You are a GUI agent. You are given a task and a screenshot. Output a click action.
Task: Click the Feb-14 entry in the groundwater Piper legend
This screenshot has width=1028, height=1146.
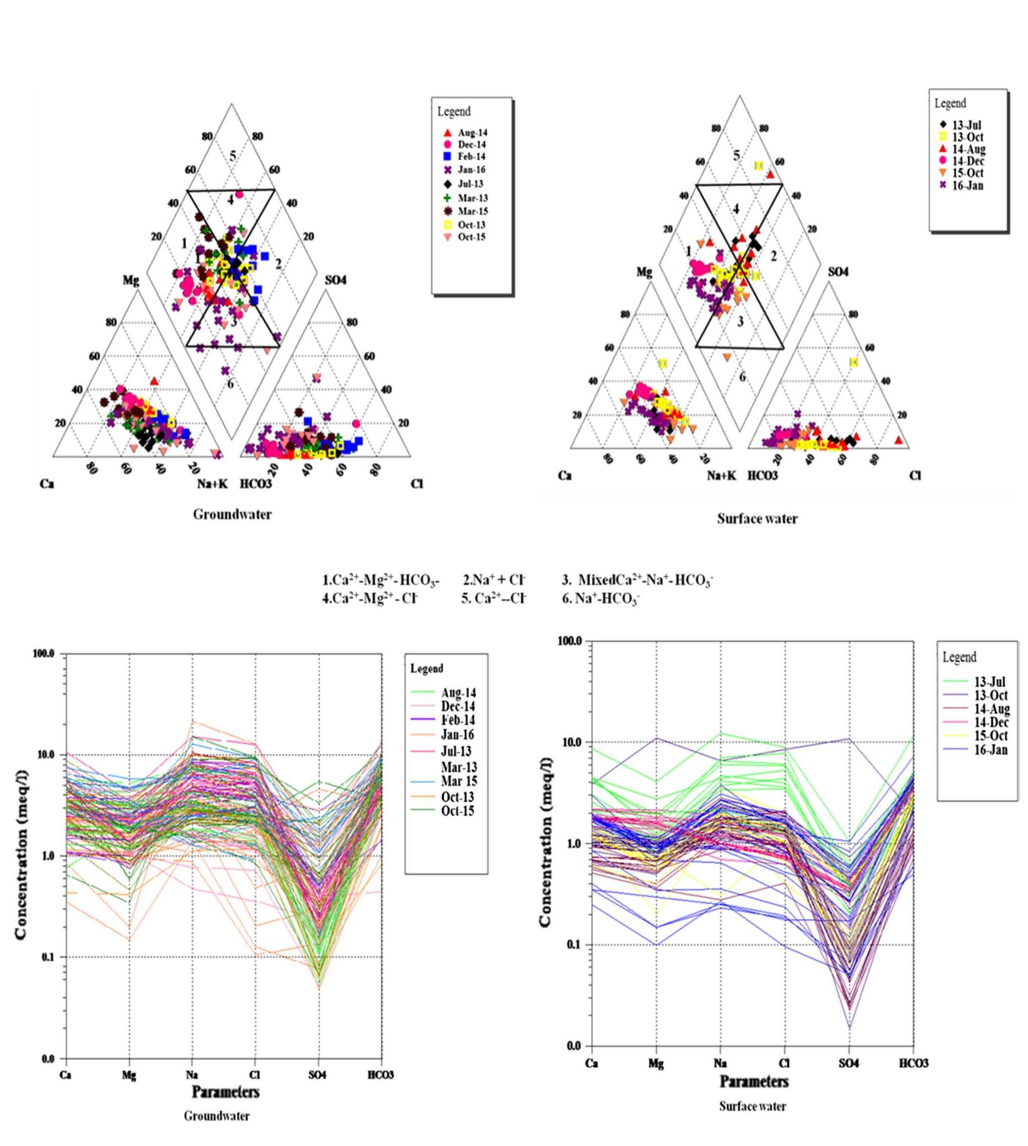(471, 156)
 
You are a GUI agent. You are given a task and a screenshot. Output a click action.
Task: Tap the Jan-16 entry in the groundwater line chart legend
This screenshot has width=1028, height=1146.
(458, 735)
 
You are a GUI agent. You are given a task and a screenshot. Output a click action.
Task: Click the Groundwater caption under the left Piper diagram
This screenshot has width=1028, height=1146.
(232, 514)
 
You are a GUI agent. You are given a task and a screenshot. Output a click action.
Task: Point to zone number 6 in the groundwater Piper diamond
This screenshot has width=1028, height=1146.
(230, 384)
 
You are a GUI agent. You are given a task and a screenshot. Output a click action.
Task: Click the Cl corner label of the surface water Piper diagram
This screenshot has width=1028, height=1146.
(915, 475)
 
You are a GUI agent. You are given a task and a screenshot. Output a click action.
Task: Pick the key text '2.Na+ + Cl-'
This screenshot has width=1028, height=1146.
(494, 580)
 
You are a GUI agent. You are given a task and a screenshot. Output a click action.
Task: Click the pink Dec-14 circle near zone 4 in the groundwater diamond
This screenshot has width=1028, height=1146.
(240, 194)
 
